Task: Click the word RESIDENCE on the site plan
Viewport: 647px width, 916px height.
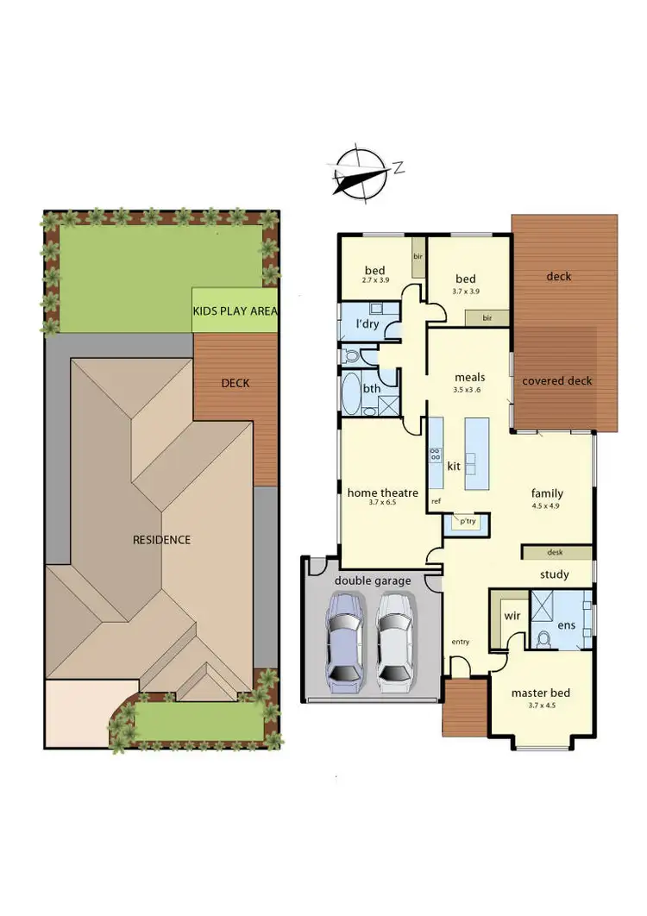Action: [161, 540]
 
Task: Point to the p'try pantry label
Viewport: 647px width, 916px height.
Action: [467, 522]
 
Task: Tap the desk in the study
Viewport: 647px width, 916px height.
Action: [556, 552]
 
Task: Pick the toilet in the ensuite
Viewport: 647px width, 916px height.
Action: [543, 639]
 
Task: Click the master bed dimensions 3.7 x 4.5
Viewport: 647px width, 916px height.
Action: [540, 706]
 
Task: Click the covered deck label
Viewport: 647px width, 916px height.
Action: [557, 380]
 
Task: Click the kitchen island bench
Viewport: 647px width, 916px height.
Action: [476, 453]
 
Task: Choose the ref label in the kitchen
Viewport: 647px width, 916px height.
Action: [436, 500]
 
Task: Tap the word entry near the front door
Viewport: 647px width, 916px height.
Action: [461, 642]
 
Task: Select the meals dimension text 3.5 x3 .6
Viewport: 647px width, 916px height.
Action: [470, 390]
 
